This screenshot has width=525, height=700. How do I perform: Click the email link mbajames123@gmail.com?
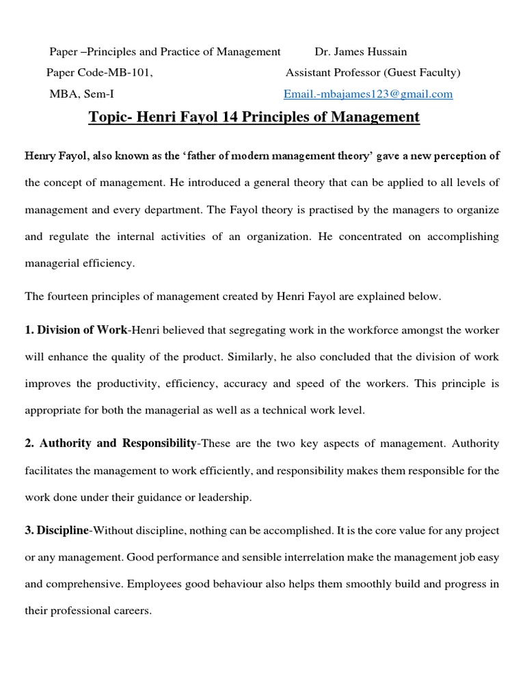(368, 94)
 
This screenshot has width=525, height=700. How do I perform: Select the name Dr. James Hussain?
(360, 52)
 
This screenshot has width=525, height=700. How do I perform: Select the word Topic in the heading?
(109, 117)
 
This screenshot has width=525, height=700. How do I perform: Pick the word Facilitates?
(49, 470)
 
